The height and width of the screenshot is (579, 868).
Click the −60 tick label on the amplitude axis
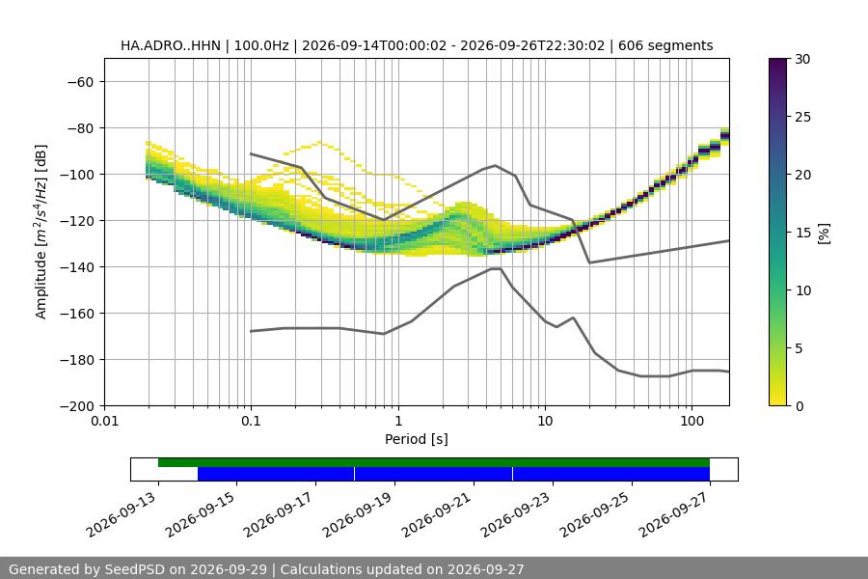pyautogui.click(x=81, y=82)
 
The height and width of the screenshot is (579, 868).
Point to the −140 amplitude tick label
pyautogui.click(x=77, y=267)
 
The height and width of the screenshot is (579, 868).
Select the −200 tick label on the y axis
pyautogui.click(x=77, y=406)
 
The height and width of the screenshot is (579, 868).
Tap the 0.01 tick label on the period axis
pyautogui.click(x=104, y=421)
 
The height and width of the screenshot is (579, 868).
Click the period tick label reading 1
pyautogui.click(x=398, y=421)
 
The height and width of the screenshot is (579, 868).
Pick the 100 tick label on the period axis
pyautogui.click(x=692, y=421)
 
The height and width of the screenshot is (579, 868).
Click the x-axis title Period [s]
pyautogui.click(x=417, y=439)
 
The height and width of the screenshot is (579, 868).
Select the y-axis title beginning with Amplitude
pyautogui.click(x=41, y=232)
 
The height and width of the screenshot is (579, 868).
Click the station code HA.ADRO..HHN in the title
pyautogui.click(x=171, y=45)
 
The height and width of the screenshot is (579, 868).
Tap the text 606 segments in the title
pyautogui.click(x=665, y=45)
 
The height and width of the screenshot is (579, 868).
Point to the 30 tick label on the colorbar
pyautogui.click(x=802, y=59)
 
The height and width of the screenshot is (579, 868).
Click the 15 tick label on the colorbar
pyautogui.click(x=802, y=233)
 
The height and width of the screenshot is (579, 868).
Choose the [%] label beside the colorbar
pyautogui.click(x=825, y=234)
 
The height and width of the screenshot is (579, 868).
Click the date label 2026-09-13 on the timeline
pyautogui.click(x=122, y=514)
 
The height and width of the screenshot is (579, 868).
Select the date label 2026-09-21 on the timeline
pyautogui.click(x=437, y=514)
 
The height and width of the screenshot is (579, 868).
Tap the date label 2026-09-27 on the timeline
pyautogui.click(x=674, y=514)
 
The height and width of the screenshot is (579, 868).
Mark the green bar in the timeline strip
pyautogui.click(x=434, y=462)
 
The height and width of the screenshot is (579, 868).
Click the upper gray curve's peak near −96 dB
pyautogui.click(x=496, y=165)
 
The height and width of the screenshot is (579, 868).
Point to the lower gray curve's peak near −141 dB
pyautogui.click(x=496, y=268)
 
